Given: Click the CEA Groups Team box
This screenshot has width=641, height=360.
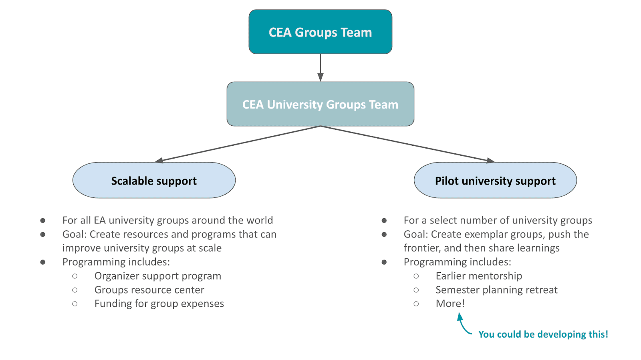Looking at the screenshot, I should [x=320, y=32].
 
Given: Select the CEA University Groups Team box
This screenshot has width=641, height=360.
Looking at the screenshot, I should [x=320, y=105].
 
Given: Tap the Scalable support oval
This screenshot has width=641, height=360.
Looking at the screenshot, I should [x=154, y=181].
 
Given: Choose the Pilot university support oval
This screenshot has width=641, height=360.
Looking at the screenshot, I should [x=495, y=181].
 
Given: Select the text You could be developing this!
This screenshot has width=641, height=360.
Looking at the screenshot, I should [x=543, y=334].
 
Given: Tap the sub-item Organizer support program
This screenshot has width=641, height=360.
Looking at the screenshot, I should [x=157, y=276].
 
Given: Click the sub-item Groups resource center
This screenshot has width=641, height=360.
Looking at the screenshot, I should [x=149, y=290].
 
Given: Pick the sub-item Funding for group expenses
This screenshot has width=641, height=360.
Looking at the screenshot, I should [x=159, y=304].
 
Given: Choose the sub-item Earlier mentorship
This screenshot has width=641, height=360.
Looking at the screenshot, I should [x=479, y=276].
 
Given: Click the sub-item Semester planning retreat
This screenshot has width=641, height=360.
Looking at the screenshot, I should [x=496, y=290].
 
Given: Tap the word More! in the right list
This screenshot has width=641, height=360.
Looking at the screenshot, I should [x=450, y=304].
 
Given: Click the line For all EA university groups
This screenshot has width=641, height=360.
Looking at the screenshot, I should [x=167, y=220].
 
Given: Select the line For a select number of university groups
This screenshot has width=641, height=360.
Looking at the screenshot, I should [x=498, y=220].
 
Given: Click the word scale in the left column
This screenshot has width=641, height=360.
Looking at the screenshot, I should [x=210, y=248].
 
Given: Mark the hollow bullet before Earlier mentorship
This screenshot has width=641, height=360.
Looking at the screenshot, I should [x=416, y=276].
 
